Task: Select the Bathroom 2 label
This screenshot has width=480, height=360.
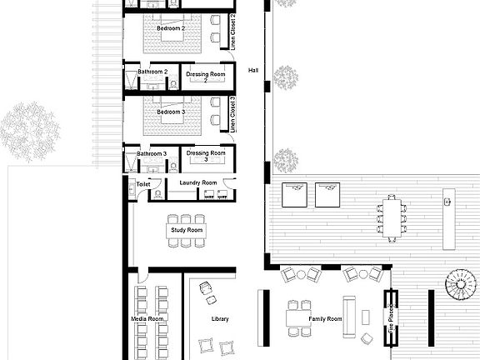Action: click(152, 72)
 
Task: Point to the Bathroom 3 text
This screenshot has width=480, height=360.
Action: click(152, 153)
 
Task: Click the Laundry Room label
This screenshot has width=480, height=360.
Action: click(197, 182)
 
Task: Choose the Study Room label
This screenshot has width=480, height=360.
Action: click(187, 229)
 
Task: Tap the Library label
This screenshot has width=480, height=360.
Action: click(219, 318)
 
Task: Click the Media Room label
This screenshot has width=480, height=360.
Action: click(147, 318)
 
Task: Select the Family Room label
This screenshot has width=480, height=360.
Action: click(326, 319)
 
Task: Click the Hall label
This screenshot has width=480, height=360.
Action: click(254, 71)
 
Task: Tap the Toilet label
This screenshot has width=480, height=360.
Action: click(132, 182)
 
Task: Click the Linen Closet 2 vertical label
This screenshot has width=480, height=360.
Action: click(232, 32)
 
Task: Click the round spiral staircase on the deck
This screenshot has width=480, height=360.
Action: click(458, 287)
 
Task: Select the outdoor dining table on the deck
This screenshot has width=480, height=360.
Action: click(392, 217)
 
